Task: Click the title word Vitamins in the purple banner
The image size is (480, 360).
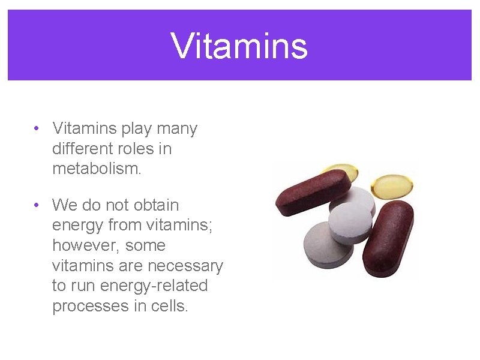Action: tap(239, 46)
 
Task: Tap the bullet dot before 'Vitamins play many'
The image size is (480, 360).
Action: tap(37, 129)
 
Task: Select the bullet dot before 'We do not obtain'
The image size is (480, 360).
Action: tap(37, 206)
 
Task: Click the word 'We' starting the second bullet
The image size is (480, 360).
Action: tap(64, 205)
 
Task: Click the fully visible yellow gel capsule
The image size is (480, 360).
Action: tap(390, 187)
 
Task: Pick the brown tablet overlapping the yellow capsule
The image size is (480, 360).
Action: tap(312, 191)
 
